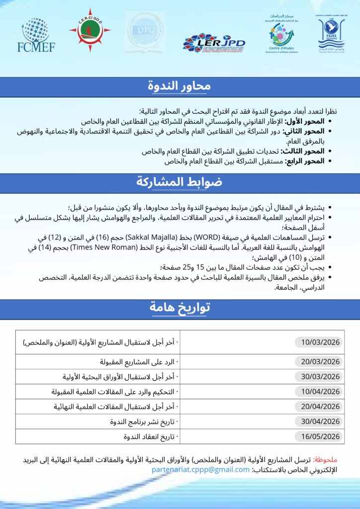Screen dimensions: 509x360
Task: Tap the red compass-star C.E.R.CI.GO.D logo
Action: click(90, 31)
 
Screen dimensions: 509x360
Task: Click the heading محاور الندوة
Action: click(180, 86)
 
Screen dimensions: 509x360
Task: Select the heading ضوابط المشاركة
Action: click(180, 182)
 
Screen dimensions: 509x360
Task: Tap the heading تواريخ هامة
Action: click(180, 308)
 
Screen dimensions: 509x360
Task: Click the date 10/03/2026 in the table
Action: click(318, 342)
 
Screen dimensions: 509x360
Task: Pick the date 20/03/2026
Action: click(318, 361)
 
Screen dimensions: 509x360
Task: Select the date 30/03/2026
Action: click(318, 376)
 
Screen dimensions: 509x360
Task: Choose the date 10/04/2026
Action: click(318, 391)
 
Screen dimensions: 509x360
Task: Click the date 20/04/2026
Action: click(318, 407)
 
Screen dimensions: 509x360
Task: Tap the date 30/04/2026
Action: click(318, 422)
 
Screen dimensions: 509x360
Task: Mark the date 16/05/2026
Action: click(318, 436)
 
